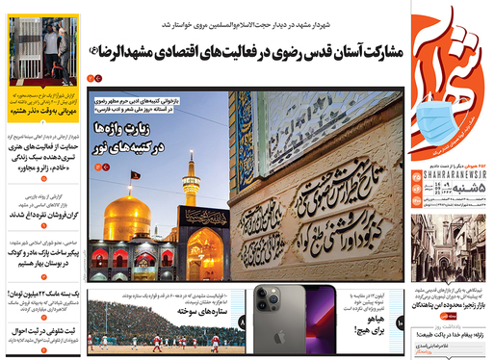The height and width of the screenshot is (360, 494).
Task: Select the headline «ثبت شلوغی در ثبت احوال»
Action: pyautogui.click(x=44, y=332)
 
